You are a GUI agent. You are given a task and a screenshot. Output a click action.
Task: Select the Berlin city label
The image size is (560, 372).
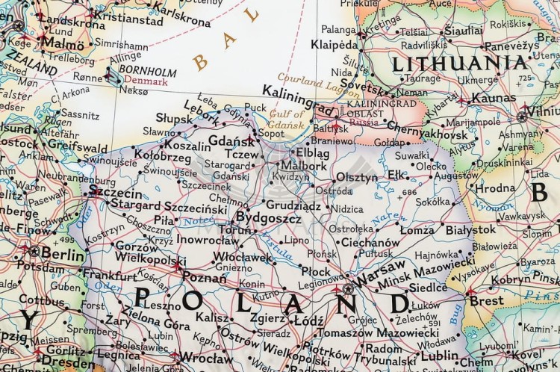63,255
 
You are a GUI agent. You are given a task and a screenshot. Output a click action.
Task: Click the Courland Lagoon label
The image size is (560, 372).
309,76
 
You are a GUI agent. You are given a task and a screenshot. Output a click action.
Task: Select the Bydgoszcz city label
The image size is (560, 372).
268,218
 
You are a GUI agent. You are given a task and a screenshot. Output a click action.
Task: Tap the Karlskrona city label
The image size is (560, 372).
184,19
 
